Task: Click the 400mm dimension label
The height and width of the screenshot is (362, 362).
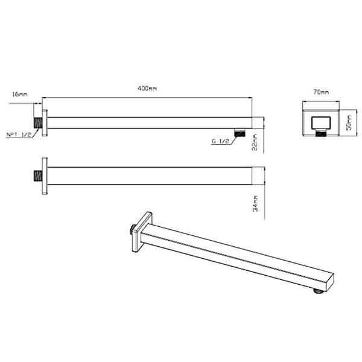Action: [x=147, y=89]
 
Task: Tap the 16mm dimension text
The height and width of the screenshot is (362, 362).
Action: [x=19, y=95]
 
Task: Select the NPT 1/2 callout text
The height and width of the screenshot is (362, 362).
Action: [x=19, y=135]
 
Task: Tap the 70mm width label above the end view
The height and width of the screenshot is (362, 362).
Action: [x=321, y=92]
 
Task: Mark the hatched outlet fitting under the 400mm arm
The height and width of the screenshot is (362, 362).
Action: [x=240, y=132]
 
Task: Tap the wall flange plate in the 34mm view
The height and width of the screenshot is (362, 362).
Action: [x=45, y=177]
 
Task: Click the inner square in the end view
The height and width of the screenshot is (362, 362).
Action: [x=320, y=123]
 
